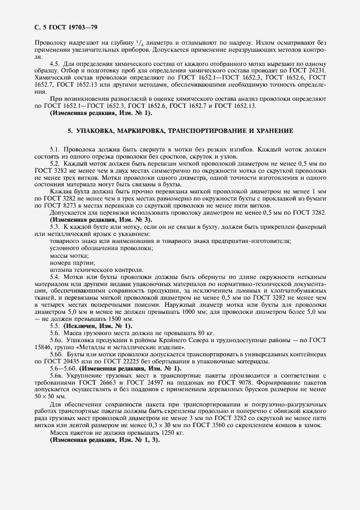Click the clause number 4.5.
(54, 64)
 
